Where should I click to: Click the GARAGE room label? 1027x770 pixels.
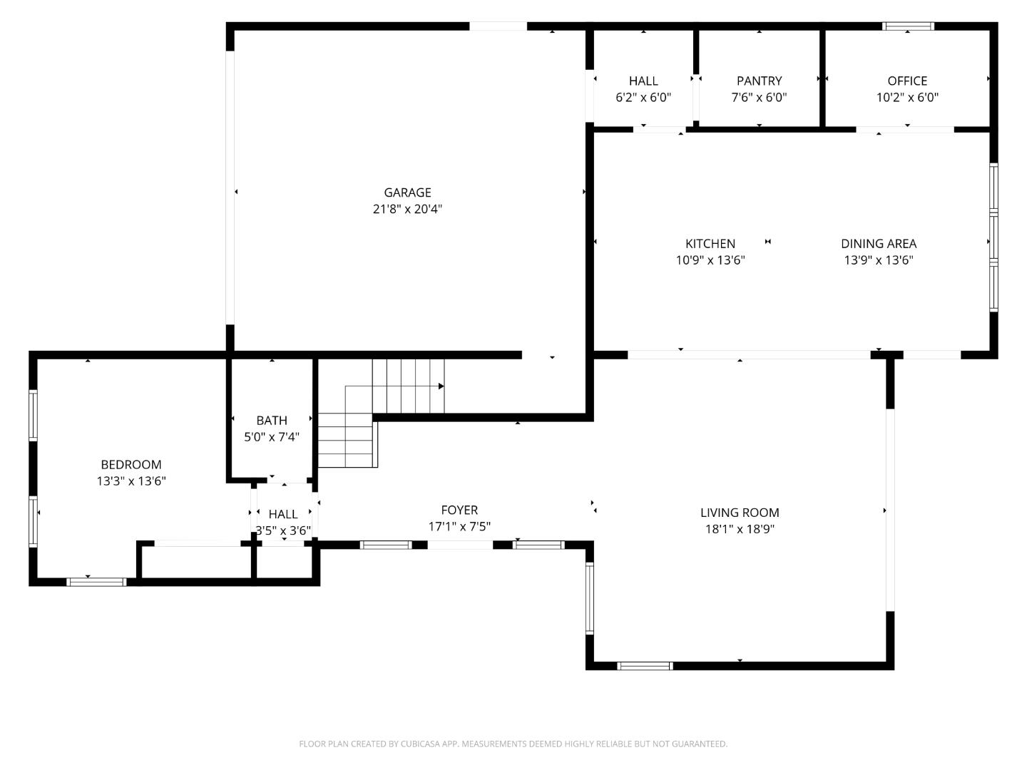coord(407,192)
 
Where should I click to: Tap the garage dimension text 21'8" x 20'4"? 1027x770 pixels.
coord(407,208)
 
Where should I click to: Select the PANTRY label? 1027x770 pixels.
coord(759,81)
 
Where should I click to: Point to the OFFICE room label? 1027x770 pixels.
coord(907,81)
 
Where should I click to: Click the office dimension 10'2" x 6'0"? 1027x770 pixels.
coord(907,97)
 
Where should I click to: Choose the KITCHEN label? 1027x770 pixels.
coord(710,244)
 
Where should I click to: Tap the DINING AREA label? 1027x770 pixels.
coord(878,244)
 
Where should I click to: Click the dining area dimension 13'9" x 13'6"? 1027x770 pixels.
coord(878,260)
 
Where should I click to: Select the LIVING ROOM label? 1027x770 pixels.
coord(740,513)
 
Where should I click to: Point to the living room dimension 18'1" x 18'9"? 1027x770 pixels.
coord(740,529)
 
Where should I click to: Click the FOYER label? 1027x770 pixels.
coord(459,510)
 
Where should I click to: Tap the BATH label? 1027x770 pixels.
coord(272,421)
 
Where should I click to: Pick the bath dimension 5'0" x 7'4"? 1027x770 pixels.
coord(272,436)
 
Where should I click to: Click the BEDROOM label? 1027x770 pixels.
coord(131,464)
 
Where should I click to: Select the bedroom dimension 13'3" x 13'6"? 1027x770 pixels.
coord(131,481)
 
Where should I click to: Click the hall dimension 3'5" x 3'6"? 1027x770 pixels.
coord(283,530)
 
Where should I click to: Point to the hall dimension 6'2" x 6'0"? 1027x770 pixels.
coord(643,97)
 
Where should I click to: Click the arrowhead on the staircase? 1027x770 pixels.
coord(441,386)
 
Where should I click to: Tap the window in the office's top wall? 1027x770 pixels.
coord(908,26)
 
